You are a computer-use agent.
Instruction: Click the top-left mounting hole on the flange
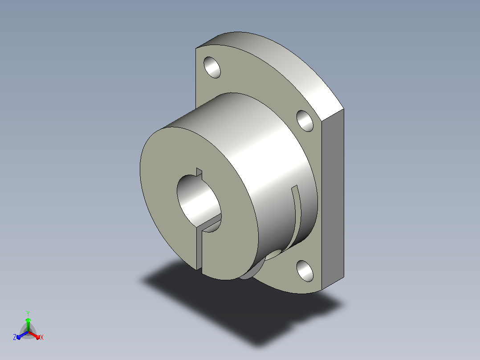click(212, 67)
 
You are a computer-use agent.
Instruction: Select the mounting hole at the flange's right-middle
click(305, 121)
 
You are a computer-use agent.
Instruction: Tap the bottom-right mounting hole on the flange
click(305, 271)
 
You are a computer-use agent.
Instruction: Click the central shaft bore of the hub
click(199, 202)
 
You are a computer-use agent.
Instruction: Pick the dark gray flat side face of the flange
click(333, 199)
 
